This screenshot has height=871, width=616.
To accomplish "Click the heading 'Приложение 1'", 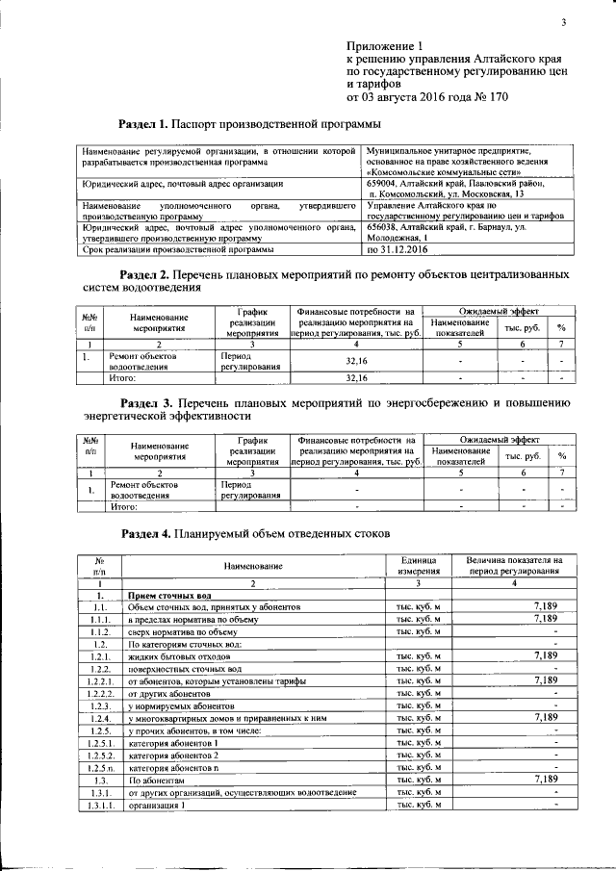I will [x=384, y=46].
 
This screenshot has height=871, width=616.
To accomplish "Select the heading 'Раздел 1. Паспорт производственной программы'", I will [x=249, y=125].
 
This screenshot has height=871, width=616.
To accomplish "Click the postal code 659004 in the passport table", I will [x=386, y=183].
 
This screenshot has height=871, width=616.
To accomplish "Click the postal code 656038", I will [x=386, y=227].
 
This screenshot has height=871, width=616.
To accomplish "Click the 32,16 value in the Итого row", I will [x=355, y=378].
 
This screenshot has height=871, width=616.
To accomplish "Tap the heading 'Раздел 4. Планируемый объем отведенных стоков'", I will [x=254, y=532].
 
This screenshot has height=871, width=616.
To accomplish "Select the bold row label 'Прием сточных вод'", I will [x=170, y=597].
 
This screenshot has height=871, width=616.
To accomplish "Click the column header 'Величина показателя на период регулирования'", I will [x=514, y=566].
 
